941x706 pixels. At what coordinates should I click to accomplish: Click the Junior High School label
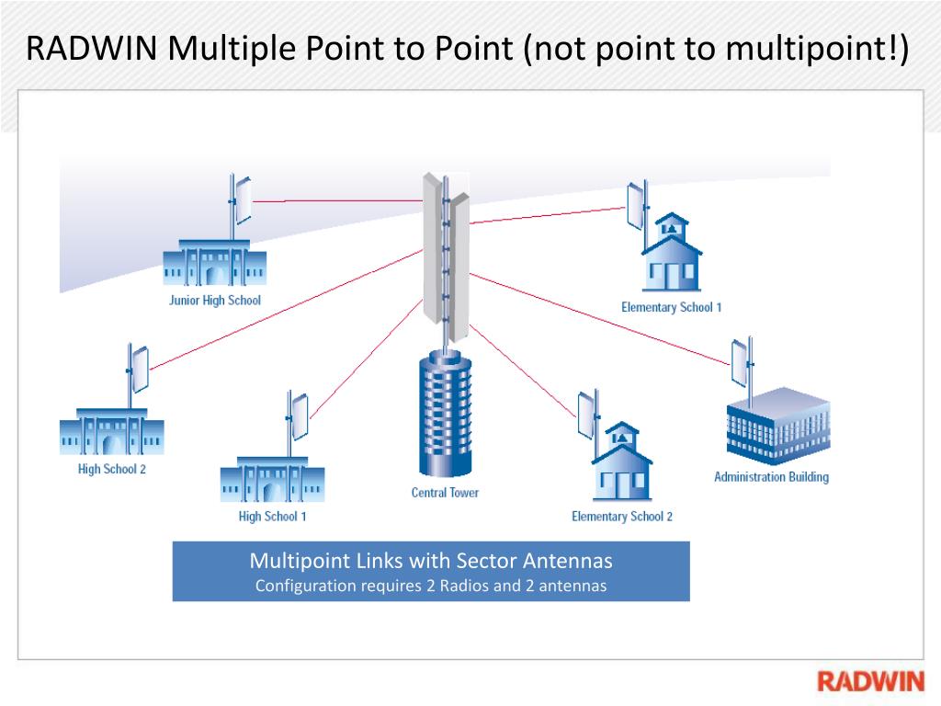pyautogui.click(x=214, y=301)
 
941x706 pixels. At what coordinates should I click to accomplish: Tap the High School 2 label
pyautogui.click(x=111, y=470)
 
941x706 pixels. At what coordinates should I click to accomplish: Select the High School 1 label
pyautogui.click(x=272, y=517)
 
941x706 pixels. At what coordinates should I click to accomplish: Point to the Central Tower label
pyautogui.click(x=445, y=493)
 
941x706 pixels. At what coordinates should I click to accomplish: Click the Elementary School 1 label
pyautogui.click(x=671, y=307)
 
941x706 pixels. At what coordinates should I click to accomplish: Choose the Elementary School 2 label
pyautogui.click(x=621, y=517)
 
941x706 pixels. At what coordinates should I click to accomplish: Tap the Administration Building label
pyautogui.click(x=771, y=477)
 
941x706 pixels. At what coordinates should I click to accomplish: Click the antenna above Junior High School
pyautogui.click(x=242, y=199)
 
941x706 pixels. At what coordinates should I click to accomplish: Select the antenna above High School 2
pyautogui.click(x=138, y=369)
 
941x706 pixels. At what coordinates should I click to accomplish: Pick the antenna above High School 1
pyautogui.click(x=298, y=416)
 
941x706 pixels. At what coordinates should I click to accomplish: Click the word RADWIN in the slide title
pyautogui.click(x=92, y=48)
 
